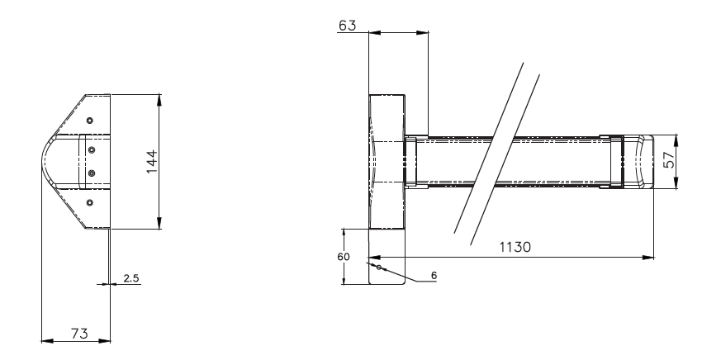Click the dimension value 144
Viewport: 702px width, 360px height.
pyautogui.click(x=152, y=162)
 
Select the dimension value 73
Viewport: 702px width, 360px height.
pyautogui.click(x=79, y=334)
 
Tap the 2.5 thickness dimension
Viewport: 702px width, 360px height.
pyautogui.click(x=131, y=278)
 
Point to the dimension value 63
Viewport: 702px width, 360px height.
pyautogui.click(x=348, y=26)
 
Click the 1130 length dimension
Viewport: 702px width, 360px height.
pyautogui.click(x=515, y=247)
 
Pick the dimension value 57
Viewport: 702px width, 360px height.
pyautogui.click(x=668, y=160)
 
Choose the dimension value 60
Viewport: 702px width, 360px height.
pyautogui.click(x=344, y=257)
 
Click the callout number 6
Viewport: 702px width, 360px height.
pyautogui.click(x=434, y=276)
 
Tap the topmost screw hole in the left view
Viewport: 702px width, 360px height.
pyautogui.click(x=89, y=121)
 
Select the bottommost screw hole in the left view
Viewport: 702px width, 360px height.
pyautogui.click(x=89, y=203)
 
